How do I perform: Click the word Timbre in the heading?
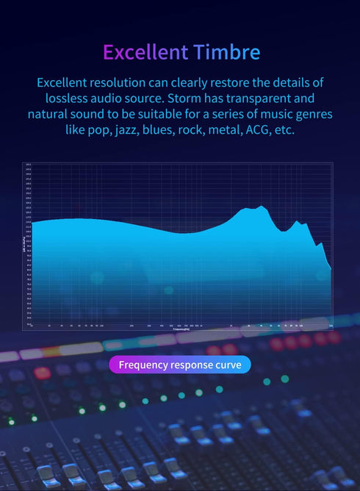point(226,52)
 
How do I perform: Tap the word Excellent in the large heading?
point(145,52)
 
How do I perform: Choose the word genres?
point(312,115)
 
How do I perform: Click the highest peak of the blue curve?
point(262,207)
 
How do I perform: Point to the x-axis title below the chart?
point(181,329)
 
